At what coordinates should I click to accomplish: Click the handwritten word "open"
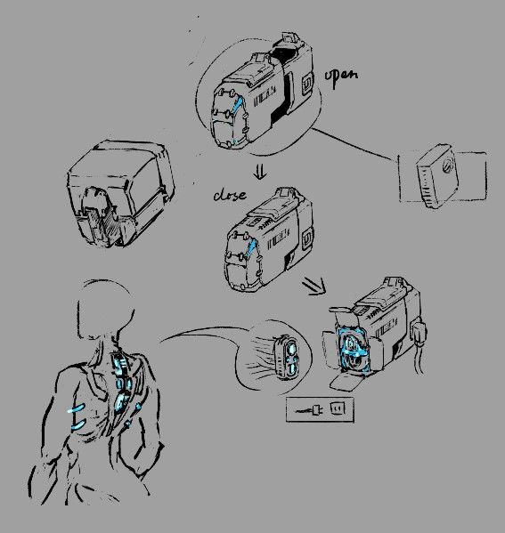click(341, 77)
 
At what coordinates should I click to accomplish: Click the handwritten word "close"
click(230, 195)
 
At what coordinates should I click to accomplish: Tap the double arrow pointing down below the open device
click(260, 173)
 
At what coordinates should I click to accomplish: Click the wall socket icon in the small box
click(338, 408)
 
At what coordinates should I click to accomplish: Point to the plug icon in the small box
click(310, 410)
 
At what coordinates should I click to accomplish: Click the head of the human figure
click(106, 310)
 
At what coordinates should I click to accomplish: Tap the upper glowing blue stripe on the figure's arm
click(76, 408)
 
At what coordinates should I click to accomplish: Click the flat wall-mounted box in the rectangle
click(438, 176)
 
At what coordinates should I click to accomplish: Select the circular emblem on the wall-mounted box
click(448, 166)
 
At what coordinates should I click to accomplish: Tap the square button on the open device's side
click(307, 84)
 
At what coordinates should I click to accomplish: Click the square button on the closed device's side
click(306, 238)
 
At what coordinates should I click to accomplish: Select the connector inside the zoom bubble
click(289, 357)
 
